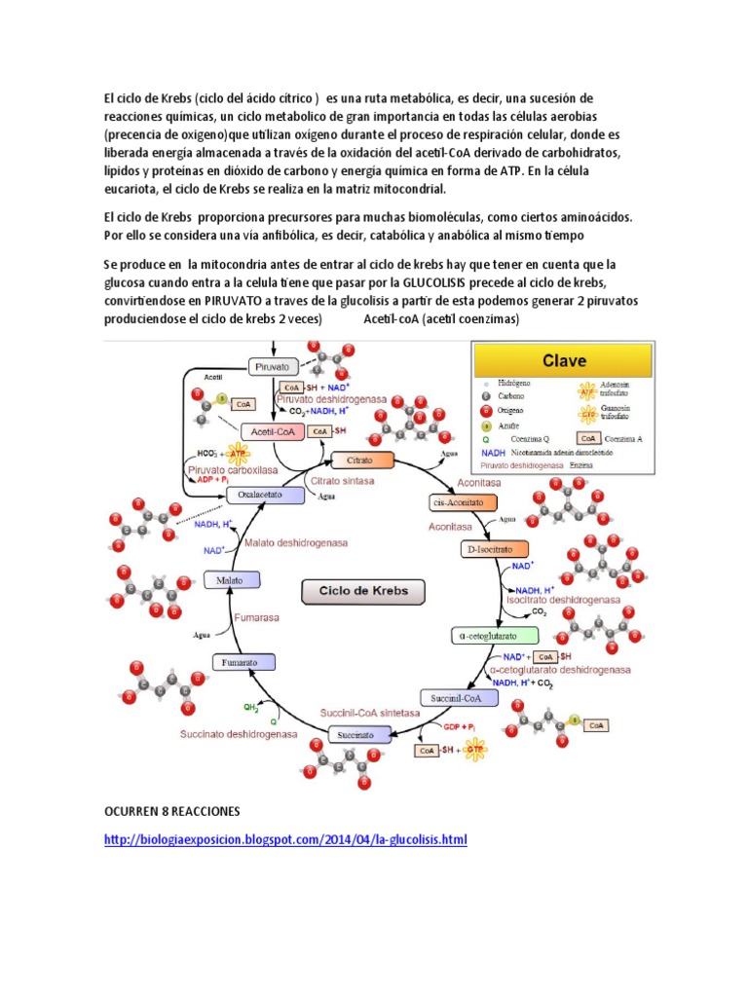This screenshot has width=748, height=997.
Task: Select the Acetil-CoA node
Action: (x=272, y=431)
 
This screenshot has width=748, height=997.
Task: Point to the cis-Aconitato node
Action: (x=463, y=502)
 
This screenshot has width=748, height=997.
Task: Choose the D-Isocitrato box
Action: (x=495, y=549)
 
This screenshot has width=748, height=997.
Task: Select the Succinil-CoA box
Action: (x=452, y=697)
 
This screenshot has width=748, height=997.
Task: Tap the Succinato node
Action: (x=356, y=734)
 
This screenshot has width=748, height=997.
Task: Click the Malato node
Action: (x=232, y=581)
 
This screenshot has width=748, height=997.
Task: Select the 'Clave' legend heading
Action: (x=564, y=361)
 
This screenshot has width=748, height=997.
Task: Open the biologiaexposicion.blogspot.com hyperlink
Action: (x=285, y=839)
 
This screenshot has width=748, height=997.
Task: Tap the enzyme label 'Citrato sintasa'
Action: (x=341, y=480)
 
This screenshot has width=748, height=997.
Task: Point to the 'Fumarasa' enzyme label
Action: (x=256, y=617)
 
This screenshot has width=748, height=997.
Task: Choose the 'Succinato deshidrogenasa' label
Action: (x=239, y=734)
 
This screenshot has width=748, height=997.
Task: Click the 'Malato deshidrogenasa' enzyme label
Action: (x=297, y=543)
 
